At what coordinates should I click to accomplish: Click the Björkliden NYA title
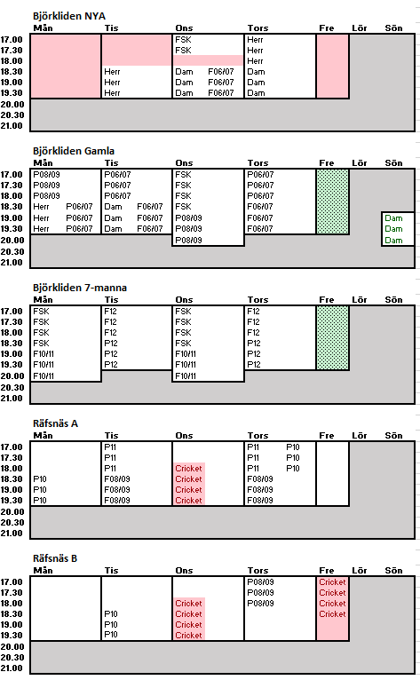69,16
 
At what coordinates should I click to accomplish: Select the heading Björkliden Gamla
74,151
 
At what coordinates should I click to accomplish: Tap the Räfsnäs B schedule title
55,558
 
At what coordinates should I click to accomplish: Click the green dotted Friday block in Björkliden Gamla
333,202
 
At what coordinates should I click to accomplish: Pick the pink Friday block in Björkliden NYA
333,67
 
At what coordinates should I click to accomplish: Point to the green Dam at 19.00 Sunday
393,218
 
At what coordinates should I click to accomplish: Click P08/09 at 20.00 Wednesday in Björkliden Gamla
189,241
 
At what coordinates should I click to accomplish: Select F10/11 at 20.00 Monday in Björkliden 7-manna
44,376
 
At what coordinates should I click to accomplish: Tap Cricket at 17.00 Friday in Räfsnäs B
332,582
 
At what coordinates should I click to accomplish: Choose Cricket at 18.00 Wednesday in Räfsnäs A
188,469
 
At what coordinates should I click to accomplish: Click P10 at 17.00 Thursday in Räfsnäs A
293,447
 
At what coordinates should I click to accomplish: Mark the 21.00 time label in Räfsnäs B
12,668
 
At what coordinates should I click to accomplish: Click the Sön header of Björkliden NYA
393,28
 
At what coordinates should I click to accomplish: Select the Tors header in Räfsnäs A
258,435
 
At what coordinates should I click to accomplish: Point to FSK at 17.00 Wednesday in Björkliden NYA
183,40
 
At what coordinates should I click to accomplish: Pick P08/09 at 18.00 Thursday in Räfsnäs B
261,604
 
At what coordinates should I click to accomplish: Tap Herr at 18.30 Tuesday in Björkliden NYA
112,72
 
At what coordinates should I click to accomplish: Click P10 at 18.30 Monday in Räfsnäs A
40,479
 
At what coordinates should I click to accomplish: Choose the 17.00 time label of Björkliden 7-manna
12,312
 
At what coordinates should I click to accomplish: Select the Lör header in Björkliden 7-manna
360,300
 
